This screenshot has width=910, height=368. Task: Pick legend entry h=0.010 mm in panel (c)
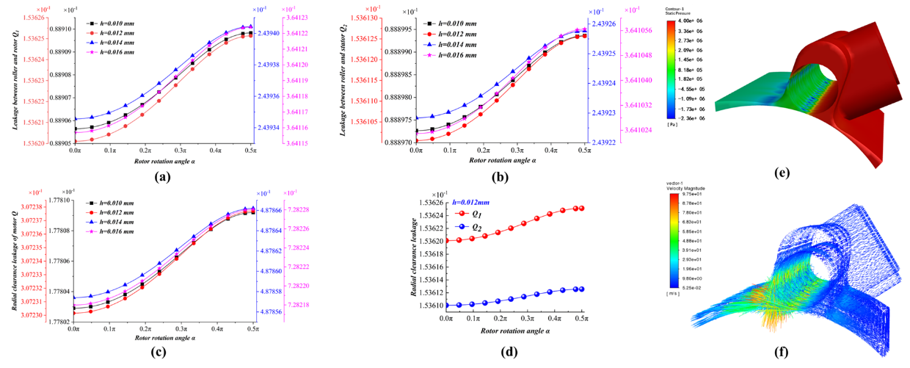tap(111, 203)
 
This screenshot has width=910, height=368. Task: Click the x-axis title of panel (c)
tap(164, 338)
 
